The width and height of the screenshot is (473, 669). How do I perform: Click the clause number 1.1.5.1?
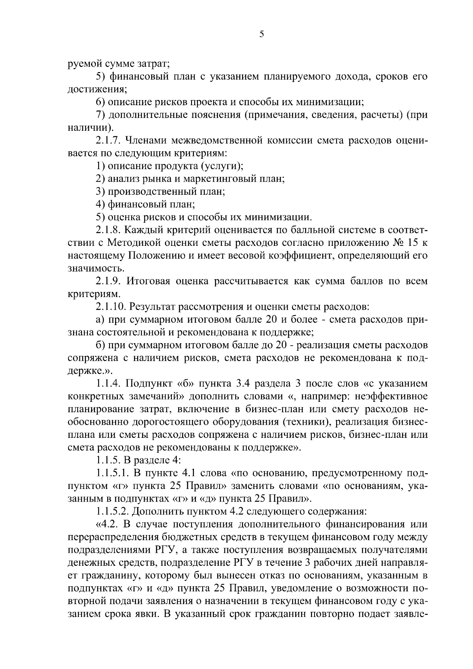(x=113, y=473)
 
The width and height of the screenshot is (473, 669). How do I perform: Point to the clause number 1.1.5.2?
(x=113, y=511)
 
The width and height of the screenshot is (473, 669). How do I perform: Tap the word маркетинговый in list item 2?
(x=216, y=178)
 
